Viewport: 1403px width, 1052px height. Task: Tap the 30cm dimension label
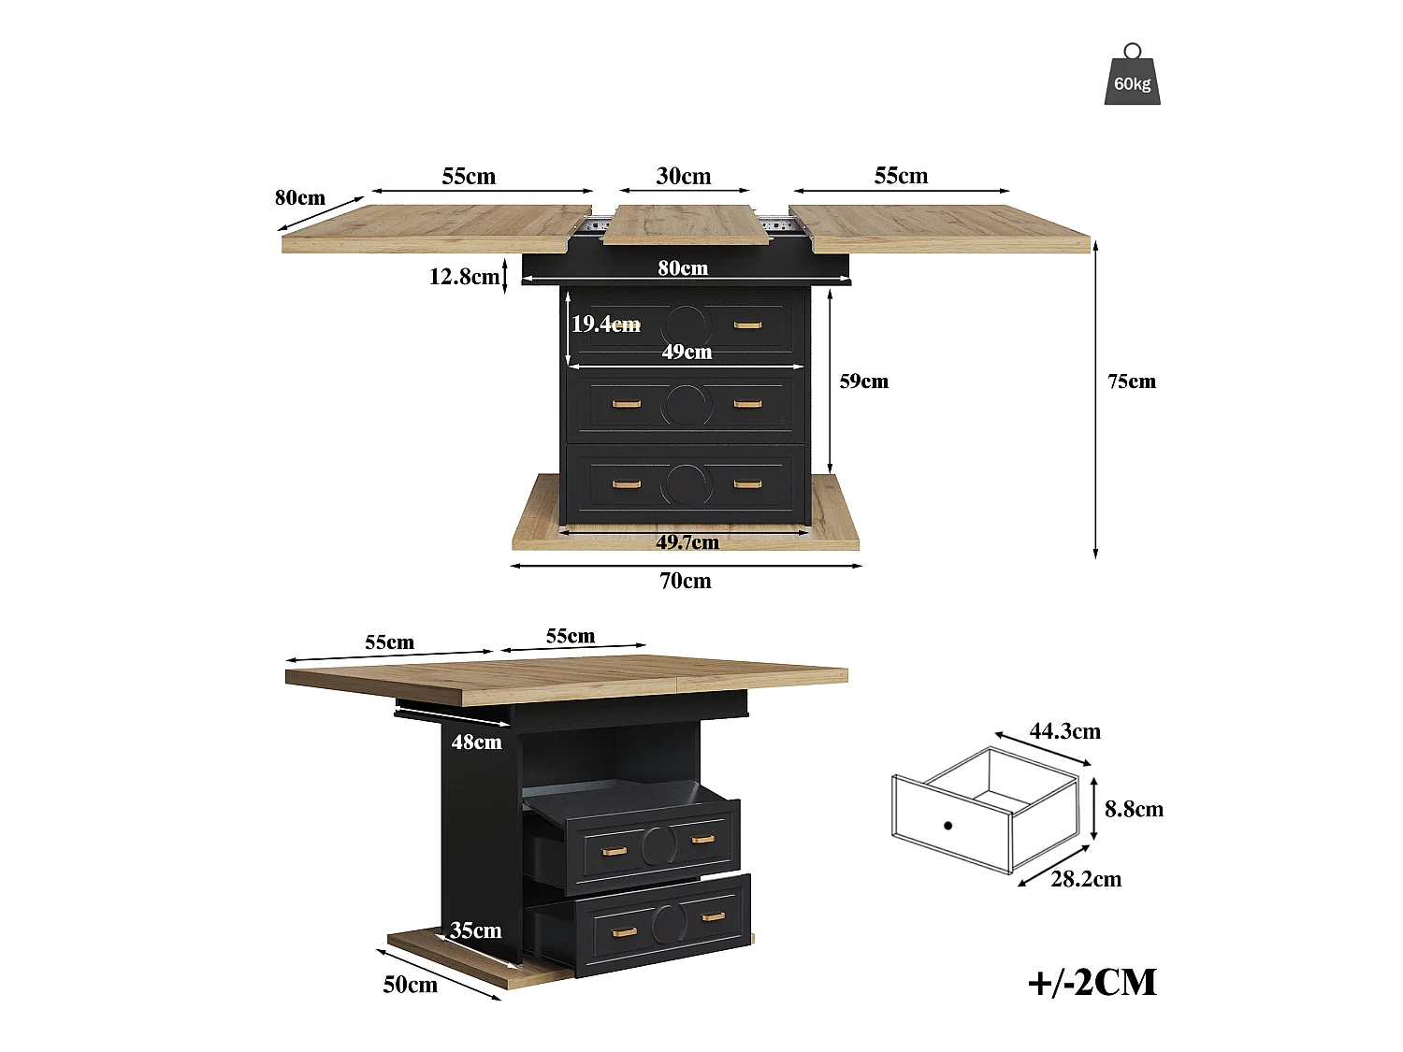(684, 176)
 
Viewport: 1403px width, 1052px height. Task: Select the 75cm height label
(1132, 382)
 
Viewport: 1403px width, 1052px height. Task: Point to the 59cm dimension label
(863, 382)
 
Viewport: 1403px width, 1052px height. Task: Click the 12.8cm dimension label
(464, 277)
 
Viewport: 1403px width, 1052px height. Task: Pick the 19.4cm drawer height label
(605, 324)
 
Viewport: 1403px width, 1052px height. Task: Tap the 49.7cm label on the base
(687, 542)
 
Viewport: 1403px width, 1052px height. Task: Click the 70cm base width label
(686, 581)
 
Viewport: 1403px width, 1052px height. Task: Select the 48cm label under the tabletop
(476, 742)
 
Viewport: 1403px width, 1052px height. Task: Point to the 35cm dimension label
(475, 930)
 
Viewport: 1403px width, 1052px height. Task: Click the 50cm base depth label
(411, 985)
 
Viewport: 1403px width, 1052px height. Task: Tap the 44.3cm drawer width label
(1064, 730)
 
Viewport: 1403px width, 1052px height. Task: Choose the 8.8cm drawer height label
(1134, 809)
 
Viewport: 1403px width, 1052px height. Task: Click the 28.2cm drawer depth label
(1086, 879)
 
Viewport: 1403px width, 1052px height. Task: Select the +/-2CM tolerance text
(1092, 983)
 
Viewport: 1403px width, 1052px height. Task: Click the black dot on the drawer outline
(947, 826)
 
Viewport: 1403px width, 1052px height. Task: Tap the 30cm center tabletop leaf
(686, 224)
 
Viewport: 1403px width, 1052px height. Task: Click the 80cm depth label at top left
(300, 197)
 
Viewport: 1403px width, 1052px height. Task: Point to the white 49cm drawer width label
(687, 352)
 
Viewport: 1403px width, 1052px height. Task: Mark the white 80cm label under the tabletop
(683, 267)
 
